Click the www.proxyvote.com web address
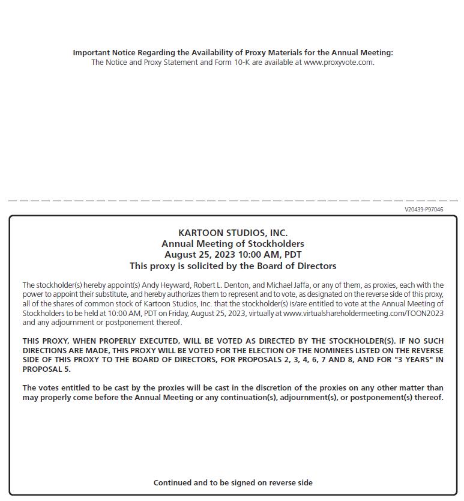[339, 62]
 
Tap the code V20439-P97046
[424, 210]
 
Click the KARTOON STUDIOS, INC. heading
[233, 232]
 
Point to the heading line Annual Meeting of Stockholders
[233, 243]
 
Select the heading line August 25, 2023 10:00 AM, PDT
[233, 254]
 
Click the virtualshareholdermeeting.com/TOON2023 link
[364, 313]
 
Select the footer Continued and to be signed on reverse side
[233, 482]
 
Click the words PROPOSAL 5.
[46, 369]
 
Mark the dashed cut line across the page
[233, 201]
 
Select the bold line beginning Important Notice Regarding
[233, 53]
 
